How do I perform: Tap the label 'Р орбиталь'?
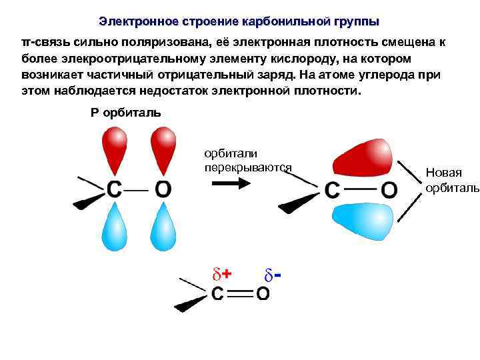click(x=125, y=111)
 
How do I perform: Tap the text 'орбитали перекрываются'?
click(x=248, y=160)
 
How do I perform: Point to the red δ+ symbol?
click(x=221, y=273)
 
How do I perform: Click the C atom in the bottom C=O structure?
click(x=218, y=293)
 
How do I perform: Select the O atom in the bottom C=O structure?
click(x=263, y=293)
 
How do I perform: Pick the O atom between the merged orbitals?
click(x=389, y=191)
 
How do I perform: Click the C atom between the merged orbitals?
click(x=333, y=191)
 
